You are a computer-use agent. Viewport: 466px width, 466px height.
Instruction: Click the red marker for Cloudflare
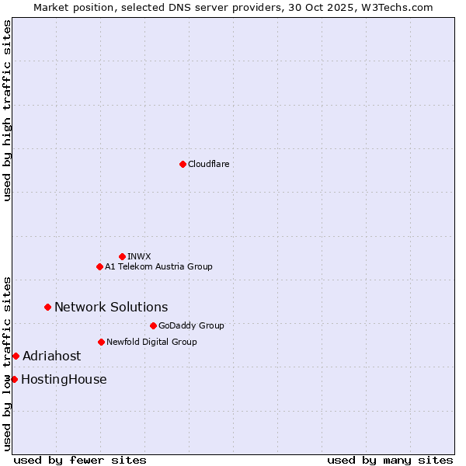tap(183, 164)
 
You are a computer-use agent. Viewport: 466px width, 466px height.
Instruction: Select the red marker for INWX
tap(122, 256)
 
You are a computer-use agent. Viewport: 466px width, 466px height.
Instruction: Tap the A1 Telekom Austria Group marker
tap(99, 266)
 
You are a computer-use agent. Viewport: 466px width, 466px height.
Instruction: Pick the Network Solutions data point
tap(47, 307)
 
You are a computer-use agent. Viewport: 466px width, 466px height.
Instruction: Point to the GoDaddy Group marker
tap(153, 325)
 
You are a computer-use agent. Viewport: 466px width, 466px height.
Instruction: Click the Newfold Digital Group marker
tap(101, 342)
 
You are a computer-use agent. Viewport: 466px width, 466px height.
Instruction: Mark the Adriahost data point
tap(16, 356)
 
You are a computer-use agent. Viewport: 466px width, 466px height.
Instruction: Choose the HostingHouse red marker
tap(14, 379)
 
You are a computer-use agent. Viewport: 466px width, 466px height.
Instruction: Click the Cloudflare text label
tap(208, 164)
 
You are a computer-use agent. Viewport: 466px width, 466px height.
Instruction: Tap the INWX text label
tap(139, 256)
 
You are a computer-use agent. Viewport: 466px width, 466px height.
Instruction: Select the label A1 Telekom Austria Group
tap(158, 266)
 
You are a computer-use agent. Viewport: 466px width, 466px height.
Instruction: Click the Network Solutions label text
tap(111, 307)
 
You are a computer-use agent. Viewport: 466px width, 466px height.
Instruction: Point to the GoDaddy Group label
tap(191, 325)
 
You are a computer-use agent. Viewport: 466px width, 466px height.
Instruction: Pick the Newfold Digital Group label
tap(151, 342)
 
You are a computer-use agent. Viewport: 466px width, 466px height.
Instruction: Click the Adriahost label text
tap(51, 356)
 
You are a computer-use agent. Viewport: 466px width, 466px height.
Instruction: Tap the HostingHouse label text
tap(64, 379)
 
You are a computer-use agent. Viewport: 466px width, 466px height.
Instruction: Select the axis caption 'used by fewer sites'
tap(80, 460)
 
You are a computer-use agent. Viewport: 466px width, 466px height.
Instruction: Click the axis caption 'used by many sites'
tap(390, 460)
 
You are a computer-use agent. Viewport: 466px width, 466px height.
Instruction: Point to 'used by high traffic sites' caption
tap(7, 110)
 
